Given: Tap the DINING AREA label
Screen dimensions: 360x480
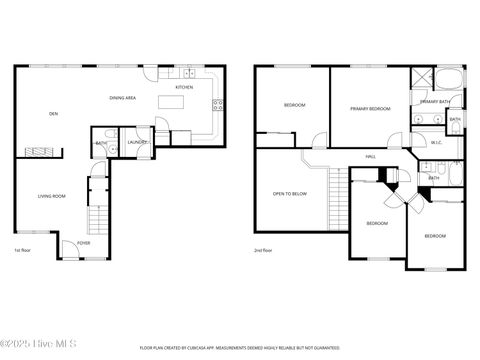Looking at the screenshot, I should (x=123, y=98).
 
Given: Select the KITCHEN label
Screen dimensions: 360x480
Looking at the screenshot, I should (x=184, y=87).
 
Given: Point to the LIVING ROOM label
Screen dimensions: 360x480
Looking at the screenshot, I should (x=52, y=196).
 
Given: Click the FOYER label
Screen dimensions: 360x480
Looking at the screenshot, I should (x=83, y=242).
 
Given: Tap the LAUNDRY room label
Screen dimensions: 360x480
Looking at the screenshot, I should (x=138, y=142).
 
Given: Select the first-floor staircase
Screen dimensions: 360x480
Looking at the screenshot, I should (x=97, y=218).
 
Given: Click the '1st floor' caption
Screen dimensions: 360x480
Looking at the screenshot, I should (x=22, y=250).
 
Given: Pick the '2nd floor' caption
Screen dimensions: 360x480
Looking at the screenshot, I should (x=264, y=250).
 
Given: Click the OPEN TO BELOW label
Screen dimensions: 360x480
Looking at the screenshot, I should (x=290, y=194).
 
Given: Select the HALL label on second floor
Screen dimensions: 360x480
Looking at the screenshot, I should (x=370, y=157).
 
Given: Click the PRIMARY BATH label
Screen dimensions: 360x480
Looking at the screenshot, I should (x=436, y=102).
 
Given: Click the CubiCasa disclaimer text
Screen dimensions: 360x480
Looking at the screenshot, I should (x=239, y=347).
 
